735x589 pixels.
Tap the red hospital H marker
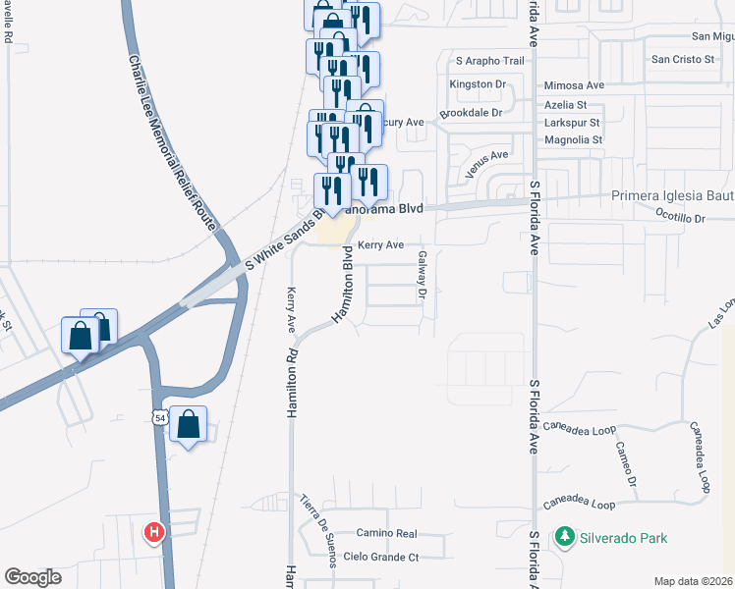click(154, 534)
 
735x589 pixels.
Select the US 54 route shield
click(159, 417)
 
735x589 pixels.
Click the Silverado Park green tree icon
click(564, 537)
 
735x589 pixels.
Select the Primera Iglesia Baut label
click(672, 195)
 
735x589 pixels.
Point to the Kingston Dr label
click(483, 84)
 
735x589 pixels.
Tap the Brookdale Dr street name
click(471, 113)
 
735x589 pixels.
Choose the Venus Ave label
click(487, 162)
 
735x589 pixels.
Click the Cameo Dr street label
click(627, 461)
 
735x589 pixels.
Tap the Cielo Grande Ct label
click(386, 558)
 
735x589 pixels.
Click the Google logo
click(32, 577)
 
